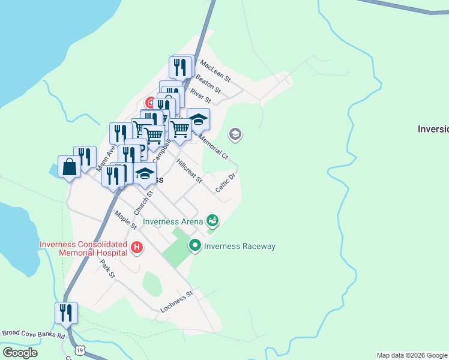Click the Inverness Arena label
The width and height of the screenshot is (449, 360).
tap(172, 221)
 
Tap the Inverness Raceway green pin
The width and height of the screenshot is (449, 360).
tap(194, 245)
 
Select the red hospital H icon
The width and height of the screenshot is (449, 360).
tap(137, 247)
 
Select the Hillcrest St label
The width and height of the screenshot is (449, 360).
tap(189, 171)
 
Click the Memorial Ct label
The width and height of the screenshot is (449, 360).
tap(213, 146)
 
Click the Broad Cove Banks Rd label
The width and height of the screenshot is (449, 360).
tap(33, 333)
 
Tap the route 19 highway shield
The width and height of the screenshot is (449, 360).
tap(80, 350)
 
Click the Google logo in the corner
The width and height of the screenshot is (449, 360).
tap(20, 353)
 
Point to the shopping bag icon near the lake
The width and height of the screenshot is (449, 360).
tap(69, 166)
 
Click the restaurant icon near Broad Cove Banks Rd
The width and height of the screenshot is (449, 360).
tap(66, 312)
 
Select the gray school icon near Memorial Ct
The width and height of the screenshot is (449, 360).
tap(235, 134)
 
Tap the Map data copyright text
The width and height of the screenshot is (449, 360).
tap(412, 355)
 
